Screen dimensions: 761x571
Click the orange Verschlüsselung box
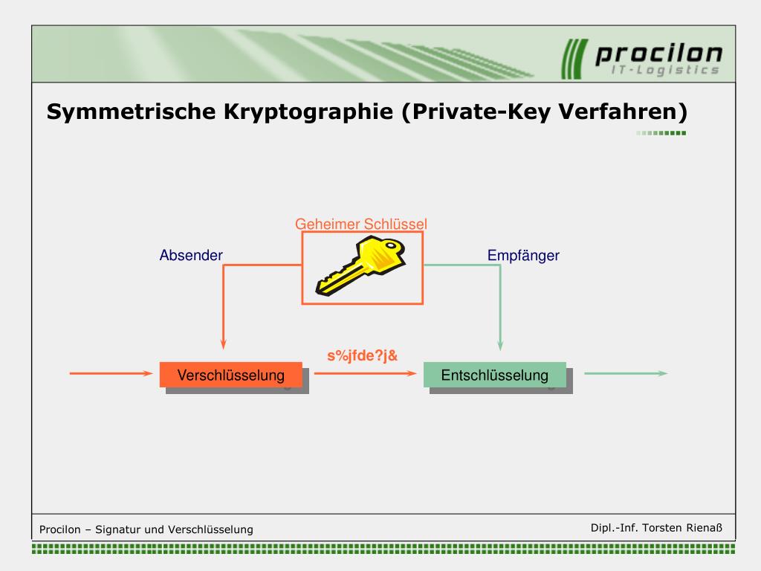pyautogui.click(x=230, y=375)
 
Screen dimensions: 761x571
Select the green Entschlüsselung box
pyautogui.click(x=494, y=375)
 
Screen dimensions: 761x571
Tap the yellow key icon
pyautogui.click(x=360, y=266)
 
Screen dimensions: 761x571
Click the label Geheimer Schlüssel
pyautogui.click(x=361, y=224)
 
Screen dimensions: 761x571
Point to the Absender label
pyautogui.click(x=191, y=256)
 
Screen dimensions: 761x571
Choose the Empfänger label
pyautogui.click(x=523, y=256)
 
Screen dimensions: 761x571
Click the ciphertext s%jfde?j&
pyautogui.click(x=363, y=355)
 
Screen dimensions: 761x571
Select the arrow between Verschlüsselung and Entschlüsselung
pyautogui.click(x=364, y=374)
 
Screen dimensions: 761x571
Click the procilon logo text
pyautogui.click(x=658, y=54)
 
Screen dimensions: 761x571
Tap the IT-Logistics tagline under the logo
pyautogui.click(x=664, y=71)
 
